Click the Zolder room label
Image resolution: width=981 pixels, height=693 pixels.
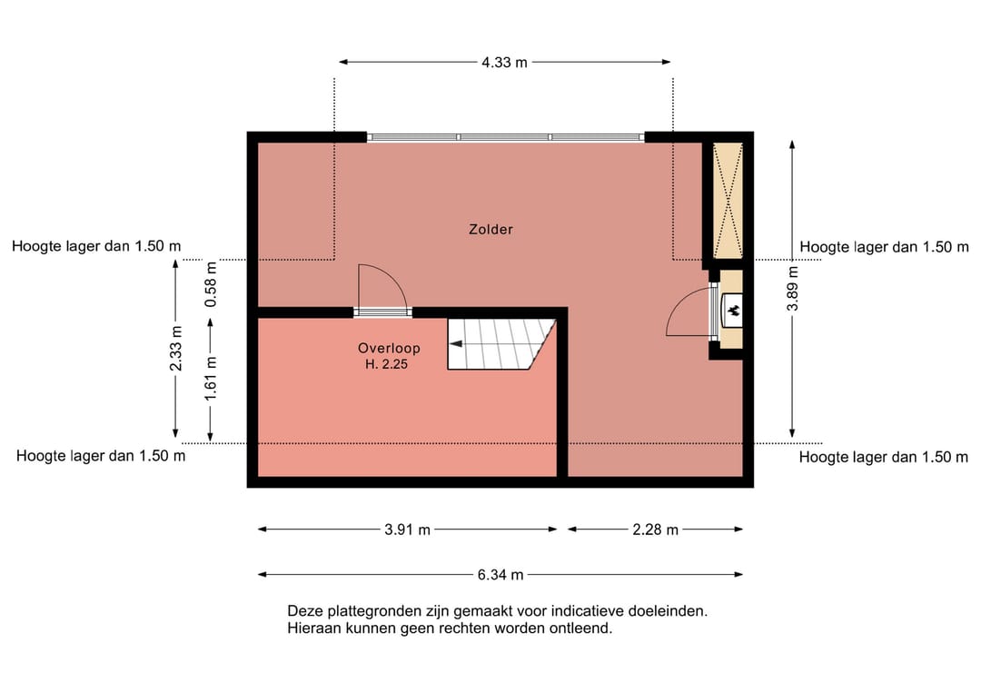tap(490, 230)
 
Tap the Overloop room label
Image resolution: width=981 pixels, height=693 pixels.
tap(389, 348)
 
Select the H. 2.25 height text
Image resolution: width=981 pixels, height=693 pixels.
tap(389, 364)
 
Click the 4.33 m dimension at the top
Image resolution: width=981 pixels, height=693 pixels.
tap(504, 63)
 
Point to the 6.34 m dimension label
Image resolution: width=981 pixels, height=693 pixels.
tap(500, 575)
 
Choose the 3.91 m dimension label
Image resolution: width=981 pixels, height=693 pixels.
tap(407, 530)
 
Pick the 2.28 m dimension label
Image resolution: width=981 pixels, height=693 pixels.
tap(655, 530)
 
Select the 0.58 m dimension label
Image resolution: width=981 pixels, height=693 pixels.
tap(211, 285)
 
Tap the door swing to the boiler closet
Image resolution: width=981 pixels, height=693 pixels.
tap(689, 313)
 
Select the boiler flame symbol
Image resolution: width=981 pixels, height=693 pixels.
tap(732, 311)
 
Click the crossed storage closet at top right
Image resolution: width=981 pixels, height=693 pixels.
tap(728, 201)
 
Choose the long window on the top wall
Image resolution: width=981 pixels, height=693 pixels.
tap(505, 137)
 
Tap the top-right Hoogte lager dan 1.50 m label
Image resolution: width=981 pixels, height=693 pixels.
tap(884, 247)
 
